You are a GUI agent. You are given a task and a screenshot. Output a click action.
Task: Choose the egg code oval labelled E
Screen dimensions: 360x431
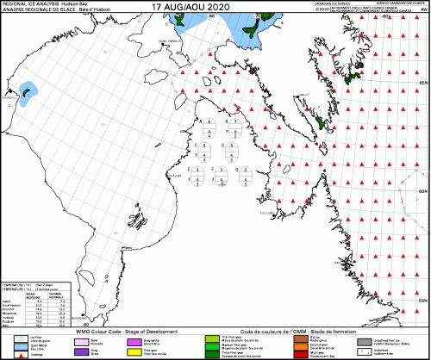[x=206, y=176]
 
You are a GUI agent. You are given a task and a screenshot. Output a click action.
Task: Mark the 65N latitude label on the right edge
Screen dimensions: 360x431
[x=422, y=82]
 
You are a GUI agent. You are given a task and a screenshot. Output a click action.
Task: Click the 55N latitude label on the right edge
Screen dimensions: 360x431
[x=422, y=297]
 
